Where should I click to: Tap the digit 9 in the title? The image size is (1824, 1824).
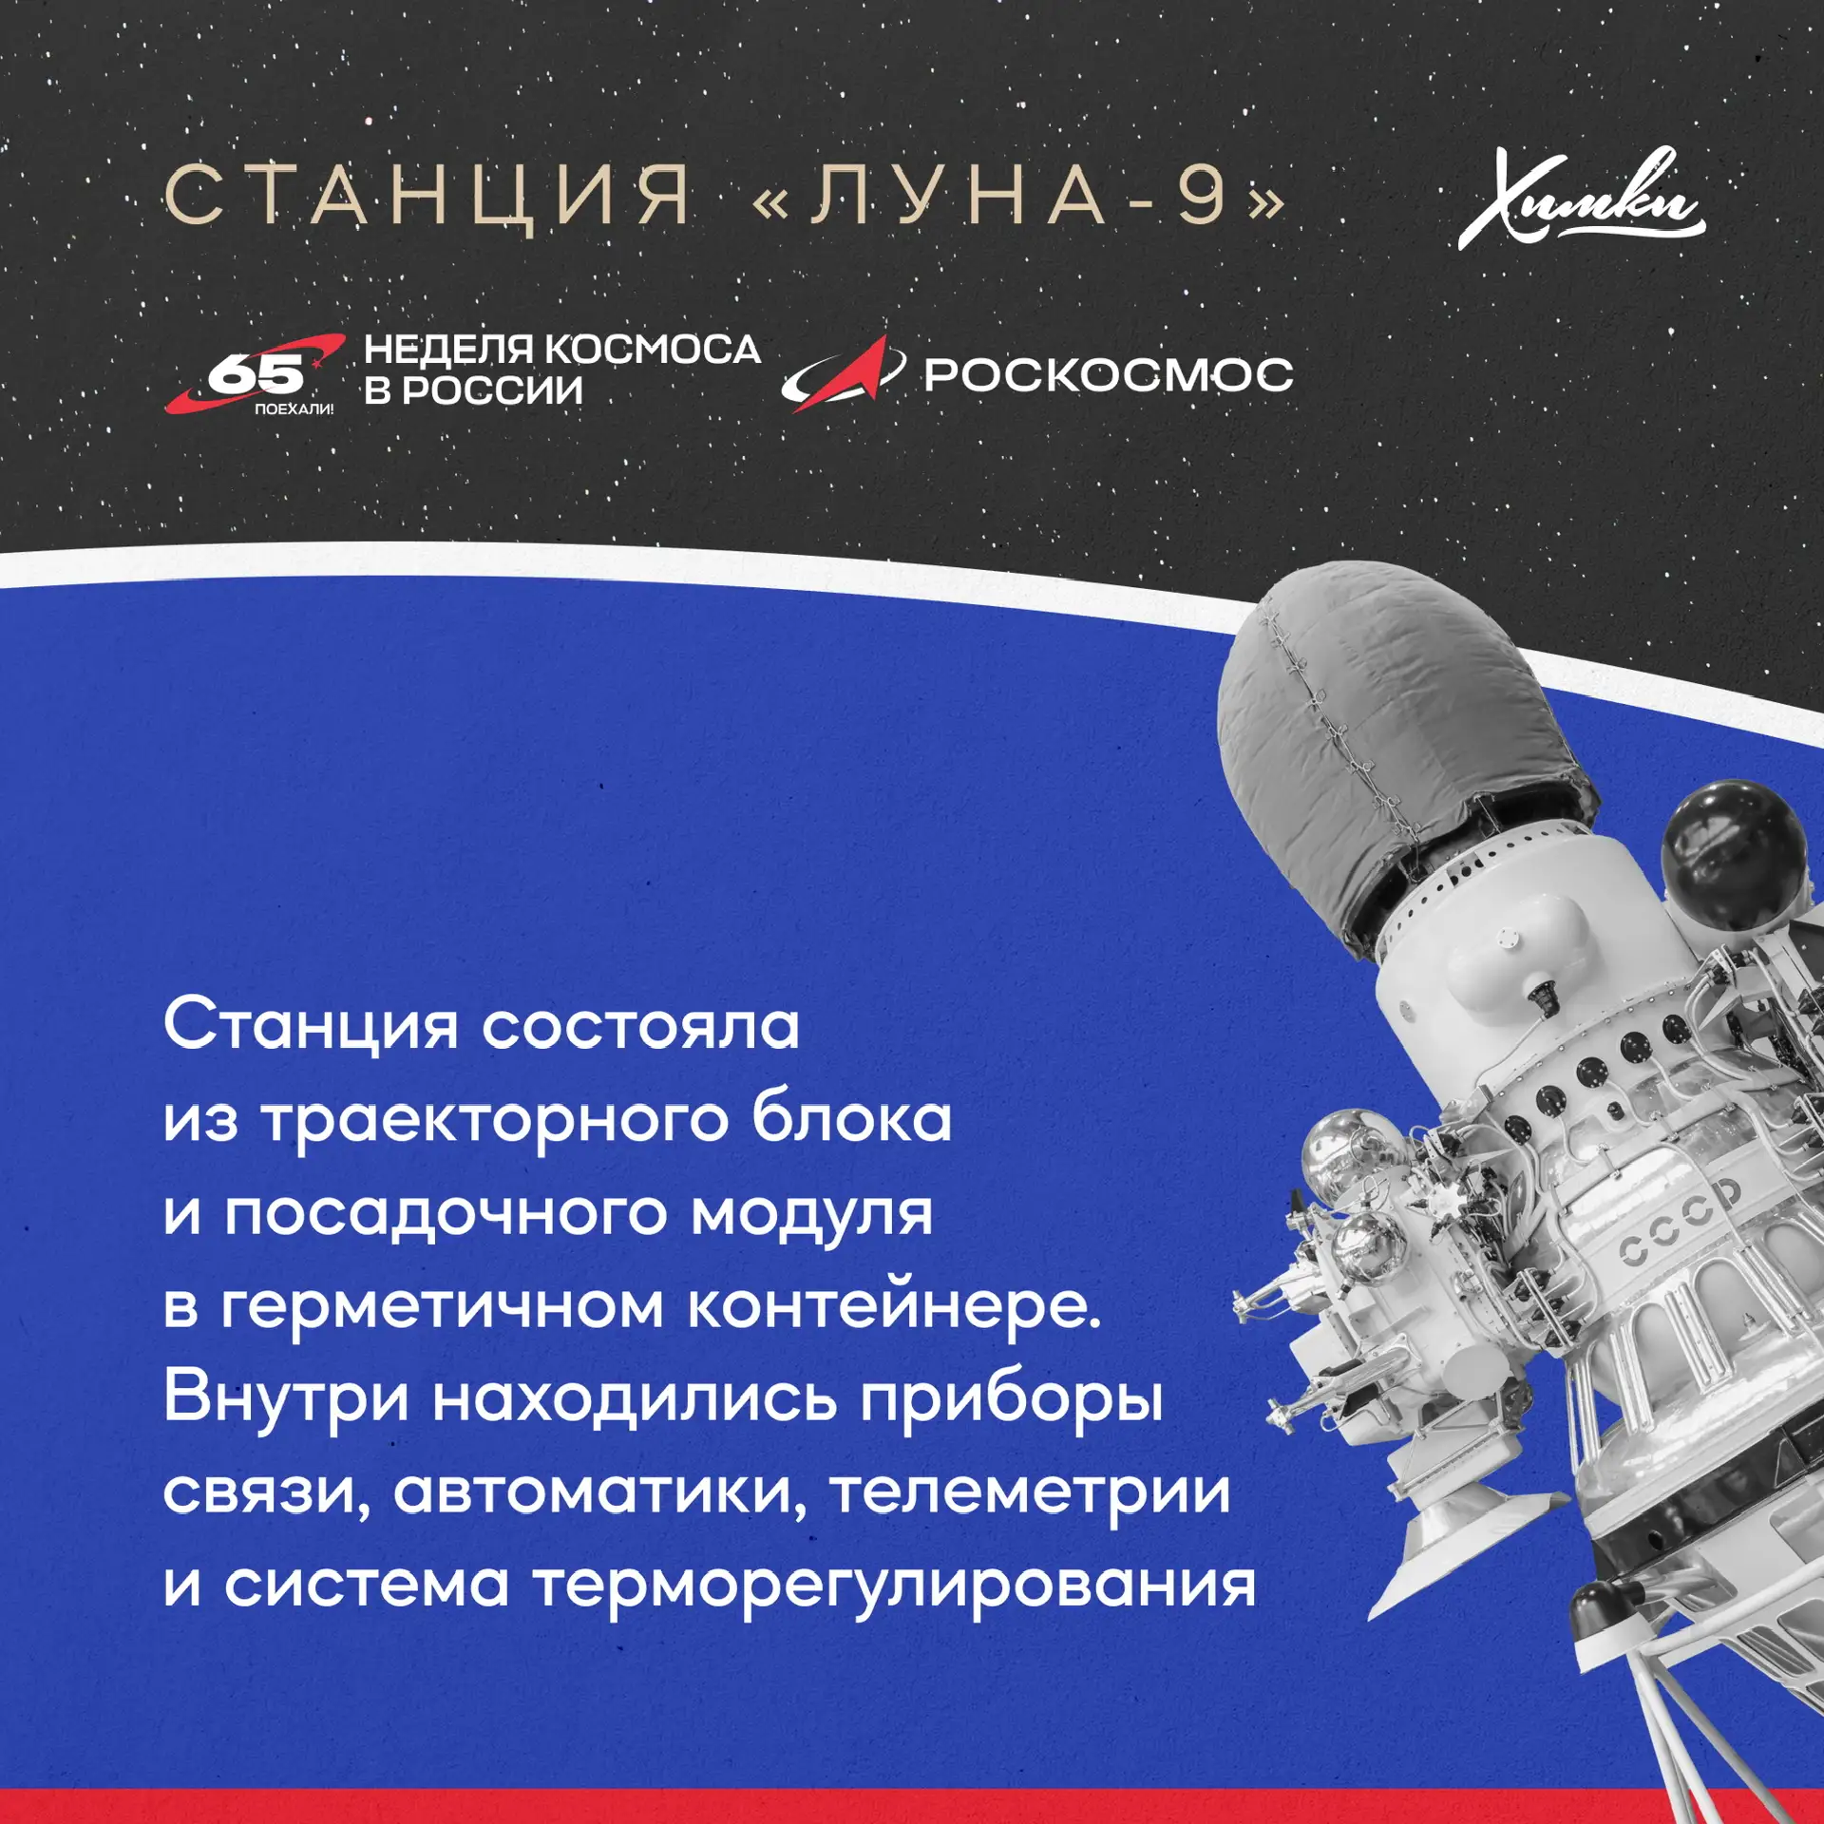click(x=1203, y=195)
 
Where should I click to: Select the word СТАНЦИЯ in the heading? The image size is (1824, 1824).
click(x=427, y=197)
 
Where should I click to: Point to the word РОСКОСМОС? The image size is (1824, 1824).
click(x=1109, y=374)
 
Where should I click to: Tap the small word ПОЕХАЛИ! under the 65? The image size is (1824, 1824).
click(x=294, y=409)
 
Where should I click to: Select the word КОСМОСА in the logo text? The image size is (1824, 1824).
click(x=655, y=350)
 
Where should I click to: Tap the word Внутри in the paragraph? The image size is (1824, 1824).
click(x=286, y=1398)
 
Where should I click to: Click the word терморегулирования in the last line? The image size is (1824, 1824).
click(x=894, y=1586)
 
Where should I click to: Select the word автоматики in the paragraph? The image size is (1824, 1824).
click(x=599, y=1492)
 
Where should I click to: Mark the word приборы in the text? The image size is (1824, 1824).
click(x=1012, y=1400)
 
